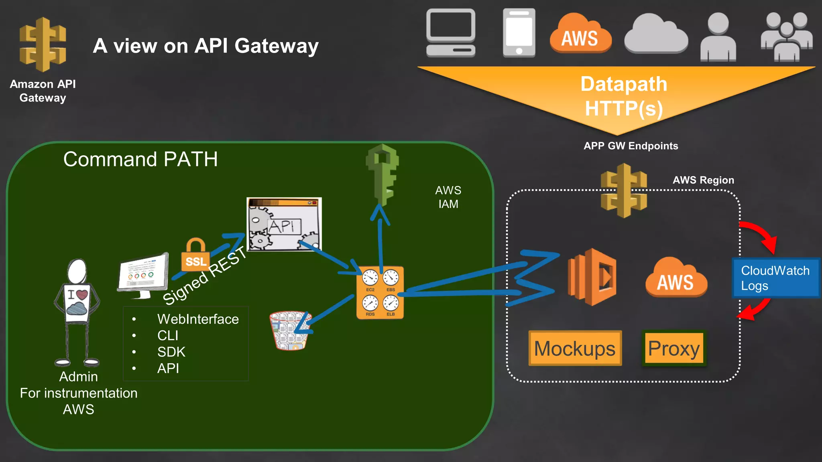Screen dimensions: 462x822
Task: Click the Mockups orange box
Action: (x=575, y=348)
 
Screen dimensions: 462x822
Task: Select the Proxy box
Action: (x=674, y=348)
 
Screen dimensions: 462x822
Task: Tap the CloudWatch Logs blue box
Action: (x=775, y=278)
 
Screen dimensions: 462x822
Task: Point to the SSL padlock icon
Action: (x=195, y=255)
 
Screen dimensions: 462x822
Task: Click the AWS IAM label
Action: (x=448, y=197)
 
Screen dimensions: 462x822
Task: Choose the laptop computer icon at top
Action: (x=451, y=33)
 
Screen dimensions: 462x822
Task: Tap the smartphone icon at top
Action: (x=519, y=33)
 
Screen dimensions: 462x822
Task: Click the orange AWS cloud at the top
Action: (x=580, y=34)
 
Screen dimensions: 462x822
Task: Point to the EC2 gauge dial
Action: (x=370, y=278)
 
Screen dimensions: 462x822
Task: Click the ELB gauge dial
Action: (x=391, y=303)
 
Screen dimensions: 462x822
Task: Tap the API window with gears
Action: (x=284, y=224)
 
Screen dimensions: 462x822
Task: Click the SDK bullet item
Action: (x=171, y=352)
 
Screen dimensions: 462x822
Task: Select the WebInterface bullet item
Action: (x=198, y=319)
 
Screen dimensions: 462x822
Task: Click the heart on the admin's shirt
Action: (x=82, y=295)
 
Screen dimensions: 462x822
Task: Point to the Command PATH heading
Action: (x=140, y=159)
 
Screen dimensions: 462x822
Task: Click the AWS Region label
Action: (x=703, y=180)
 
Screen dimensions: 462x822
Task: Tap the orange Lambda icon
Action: (x=592, y=277)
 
